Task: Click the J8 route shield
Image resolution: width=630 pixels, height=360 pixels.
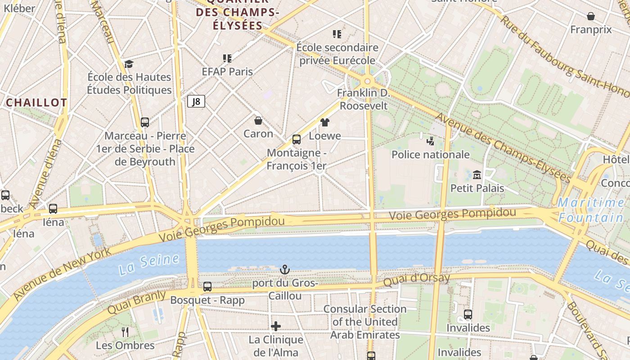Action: coord(196,102)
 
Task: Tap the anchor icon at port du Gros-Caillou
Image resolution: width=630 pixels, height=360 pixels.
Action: coord(284,270)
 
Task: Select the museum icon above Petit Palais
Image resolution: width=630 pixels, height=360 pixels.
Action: coord(477,175)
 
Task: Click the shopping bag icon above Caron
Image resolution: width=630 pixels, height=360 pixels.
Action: coord(258,121)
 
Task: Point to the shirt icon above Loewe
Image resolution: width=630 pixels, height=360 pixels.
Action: coord(325,122)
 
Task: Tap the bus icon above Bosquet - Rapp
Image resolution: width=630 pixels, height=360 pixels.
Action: coord(207,287)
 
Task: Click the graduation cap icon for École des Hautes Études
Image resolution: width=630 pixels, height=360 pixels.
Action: coord(129,64)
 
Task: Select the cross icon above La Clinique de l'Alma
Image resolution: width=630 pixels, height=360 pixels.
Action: coord(276,326)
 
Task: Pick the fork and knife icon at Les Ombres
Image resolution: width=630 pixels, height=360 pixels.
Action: coord(125,332)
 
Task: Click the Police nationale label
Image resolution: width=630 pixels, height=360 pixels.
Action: coord(431,155)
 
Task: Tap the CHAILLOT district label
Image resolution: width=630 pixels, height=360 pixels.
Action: coord(36,103)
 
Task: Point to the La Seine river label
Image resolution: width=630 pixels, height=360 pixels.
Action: coord(149,265)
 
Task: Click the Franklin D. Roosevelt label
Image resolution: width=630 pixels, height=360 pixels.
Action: coord(363,99)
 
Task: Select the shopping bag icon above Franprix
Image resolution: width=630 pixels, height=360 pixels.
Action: coord(591,16)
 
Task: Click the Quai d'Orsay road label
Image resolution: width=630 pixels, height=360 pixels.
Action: coord(416,279)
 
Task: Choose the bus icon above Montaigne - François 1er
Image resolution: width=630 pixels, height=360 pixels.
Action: coord(297,139)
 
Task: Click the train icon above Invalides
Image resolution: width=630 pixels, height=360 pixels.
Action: coord(468,314)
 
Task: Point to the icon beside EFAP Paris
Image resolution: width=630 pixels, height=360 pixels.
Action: coord(227,58)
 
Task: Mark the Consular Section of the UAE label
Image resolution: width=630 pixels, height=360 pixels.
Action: coord(365,322)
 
